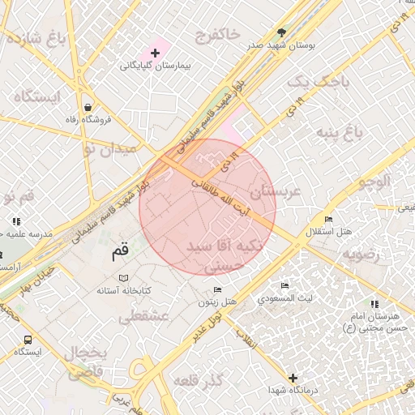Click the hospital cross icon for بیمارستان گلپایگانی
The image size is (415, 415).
tap(155, 53)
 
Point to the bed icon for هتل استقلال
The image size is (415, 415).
tap(328, 220)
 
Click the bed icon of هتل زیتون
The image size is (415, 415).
tap(216, 289)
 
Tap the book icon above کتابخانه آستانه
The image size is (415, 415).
tap(124, 277)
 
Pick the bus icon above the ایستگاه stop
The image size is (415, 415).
tap(28, 340)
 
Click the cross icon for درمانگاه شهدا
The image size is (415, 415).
tap(293, 378)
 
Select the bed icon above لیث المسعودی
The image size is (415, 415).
tap(284, 286)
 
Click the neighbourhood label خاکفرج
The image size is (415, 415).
tap(217, 34)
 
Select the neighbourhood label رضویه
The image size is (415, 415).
tap(361, 254)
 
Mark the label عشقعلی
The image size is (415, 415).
tap(143, 318)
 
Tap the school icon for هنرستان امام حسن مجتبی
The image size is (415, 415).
tap(374, 304)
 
